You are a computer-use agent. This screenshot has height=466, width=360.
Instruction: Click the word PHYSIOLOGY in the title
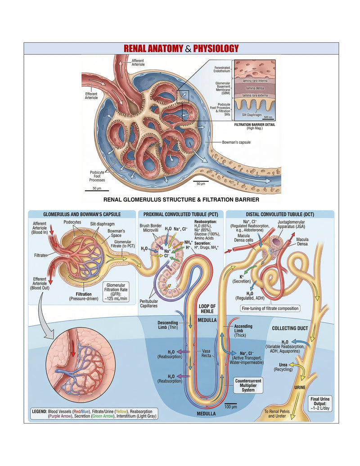tap(216, 49)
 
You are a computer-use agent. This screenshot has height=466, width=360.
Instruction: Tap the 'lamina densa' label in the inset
tap(255, 88)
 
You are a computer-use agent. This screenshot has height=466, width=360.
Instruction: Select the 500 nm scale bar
tap(268, 118)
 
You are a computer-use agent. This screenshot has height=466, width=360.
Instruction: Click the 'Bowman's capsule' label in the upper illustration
tap(236, 142)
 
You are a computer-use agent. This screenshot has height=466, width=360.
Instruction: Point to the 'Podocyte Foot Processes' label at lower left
tap(97, 176)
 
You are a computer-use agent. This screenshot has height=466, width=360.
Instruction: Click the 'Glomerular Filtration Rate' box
tap(116, 292)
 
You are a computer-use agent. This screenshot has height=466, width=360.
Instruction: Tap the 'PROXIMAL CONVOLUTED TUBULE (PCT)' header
tap(180, 214)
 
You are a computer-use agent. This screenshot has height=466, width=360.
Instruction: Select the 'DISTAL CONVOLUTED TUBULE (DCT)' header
tap(280, 214)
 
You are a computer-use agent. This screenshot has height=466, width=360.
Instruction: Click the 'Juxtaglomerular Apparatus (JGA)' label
tap(291, 224)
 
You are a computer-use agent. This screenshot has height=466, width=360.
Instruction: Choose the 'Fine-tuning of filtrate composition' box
tap(270, 308)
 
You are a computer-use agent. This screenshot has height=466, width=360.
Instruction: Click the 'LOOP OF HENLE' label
tap(207, 309)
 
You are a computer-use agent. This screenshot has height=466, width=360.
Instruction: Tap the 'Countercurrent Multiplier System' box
tap(248, 385)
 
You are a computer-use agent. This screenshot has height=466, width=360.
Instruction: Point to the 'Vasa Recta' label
tap(206, 353)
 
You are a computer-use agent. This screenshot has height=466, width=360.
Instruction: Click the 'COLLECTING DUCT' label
tap(290, 328)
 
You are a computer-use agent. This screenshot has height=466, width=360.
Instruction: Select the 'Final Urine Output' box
tap(320, 403)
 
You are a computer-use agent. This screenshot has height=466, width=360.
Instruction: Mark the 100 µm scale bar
tap(231, 404)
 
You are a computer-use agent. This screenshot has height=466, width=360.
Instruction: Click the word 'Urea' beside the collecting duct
tap(283, 365)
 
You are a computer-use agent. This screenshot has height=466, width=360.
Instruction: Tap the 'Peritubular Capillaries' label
tap(148, 303)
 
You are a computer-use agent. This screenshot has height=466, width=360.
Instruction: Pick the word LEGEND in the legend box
tap(39, 412)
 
